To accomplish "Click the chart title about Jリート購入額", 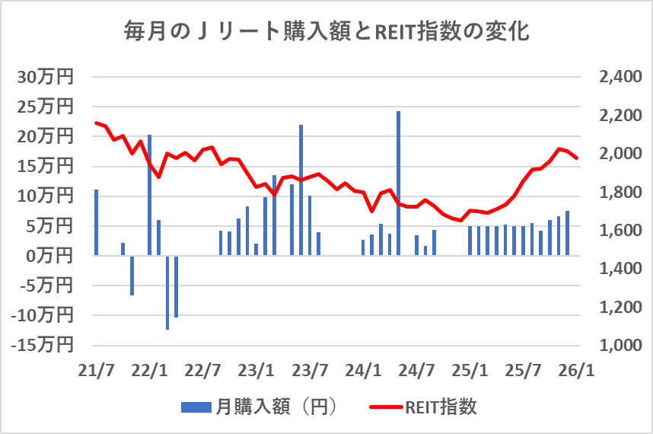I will coord(326,33).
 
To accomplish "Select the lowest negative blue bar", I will coord(167,292).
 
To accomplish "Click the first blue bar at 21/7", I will coord(96,222).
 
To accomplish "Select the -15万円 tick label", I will coord(43,345).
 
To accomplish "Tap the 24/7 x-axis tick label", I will coord(417,371).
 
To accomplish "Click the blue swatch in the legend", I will coord(196,407).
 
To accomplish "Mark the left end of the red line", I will coord(96,123).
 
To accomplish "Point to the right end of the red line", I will coord(577,158).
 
